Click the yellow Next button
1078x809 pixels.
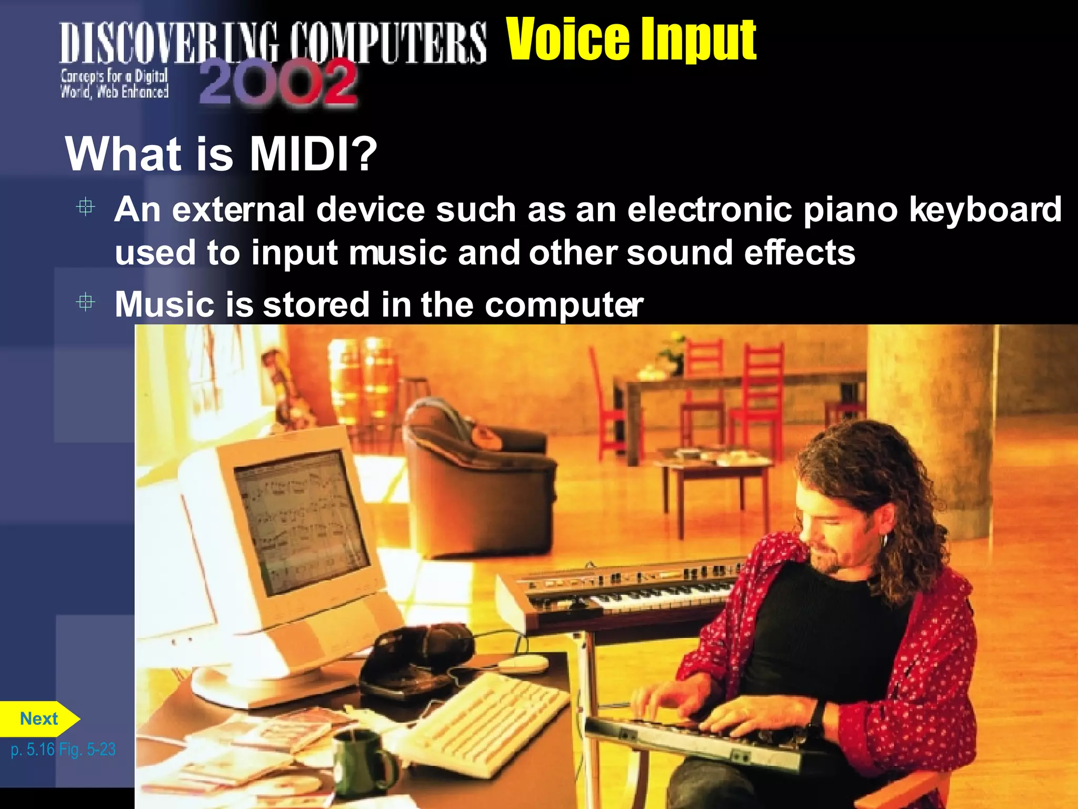point(39,719)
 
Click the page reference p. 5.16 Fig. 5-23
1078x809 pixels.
point(63,749)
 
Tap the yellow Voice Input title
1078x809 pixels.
point(631,40)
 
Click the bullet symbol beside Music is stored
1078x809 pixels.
point(85,302)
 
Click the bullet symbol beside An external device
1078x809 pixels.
point(85,207)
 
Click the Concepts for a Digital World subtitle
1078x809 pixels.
point(114,84)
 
